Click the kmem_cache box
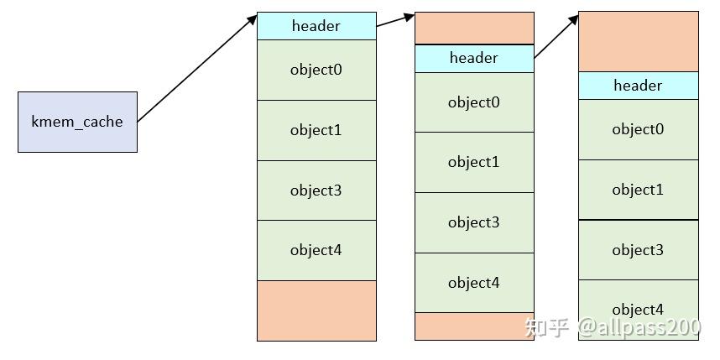point(77,122)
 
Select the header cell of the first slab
point(316,26)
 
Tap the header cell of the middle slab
point(474,58)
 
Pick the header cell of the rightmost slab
point(638,86)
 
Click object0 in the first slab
point(316,70)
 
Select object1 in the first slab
point(316,130)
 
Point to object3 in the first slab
point(316,190)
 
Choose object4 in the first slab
point(316,250)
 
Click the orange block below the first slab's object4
point(316,310)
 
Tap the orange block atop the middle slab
point(474,28)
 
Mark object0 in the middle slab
point(474,102)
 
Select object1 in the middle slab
point(474,162)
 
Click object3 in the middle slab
point(474,222)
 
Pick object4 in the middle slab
point(474,283)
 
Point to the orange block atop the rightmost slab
point(638,41)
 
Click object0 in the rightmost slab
point(638,129)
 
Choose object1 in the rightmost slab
point(638,190)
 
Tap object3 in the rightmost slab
point(638,250)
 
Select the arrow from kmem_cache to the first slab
point(197,68)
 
